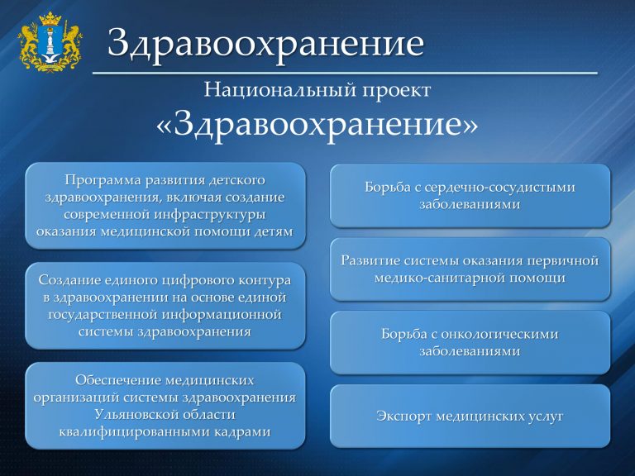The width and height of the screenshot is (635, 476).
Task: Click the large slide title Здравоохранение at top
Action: tap(265, 44)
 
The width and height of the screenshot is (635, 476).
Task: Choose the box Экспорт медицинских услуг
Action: tap(470, 416)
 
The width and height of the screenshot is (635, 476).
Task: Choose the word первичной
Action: tap(558, 260)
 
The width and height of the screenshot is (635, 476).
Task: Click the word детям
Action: tap(273, 231)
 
